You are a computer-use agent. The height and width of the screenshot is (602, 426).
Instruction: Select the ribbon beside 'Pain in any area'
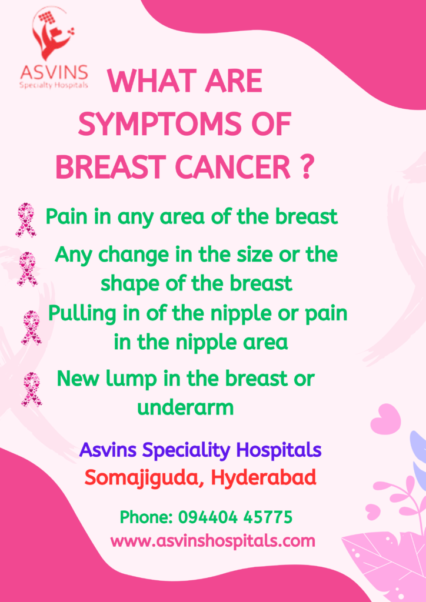pos(25,219)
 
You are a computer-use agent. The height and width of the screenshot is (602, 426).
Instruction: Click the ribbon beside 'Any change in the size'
pos(27,269)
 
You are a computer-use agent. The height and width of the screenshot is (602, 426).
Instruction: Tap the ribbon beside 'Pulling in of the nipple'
pos(31,327)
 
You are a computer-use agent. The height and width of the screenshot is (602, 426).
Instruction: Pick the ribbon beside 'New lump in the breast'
pos(31,389)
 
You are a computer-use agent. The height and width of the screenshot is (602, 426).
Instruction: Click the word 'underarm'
pos(185,407)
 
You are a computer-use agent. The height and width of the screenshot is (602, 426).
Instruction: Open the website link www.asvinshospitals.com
pos(212,540)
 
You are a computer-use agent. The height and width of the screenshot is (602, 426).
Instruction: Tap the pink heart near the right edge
pos(385,419)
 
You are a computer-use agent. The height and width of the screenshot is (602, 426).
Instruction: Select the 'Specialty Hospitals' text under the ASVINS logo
pos(54,85)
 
